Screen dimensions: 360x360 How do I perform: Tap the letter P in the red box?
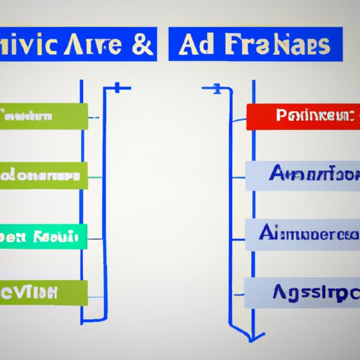click(281, 115)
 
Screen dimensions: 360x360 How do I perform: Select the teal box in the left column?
click(44, 236)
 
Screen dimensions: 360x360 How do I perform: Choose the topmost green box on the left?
click(44, 116)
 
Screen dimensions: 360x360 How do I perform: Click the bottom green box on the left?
click(44, 292)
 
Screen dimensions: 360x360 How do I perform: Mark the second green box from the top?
click(44, 176)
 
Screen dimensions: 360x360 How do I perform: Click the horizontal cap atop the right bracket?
click(214, 89)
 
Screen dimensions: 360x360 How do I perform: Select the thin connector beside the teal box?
click(96, 237)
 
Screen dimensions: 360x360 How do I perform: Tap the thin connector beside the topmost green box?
click(96, 117)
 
